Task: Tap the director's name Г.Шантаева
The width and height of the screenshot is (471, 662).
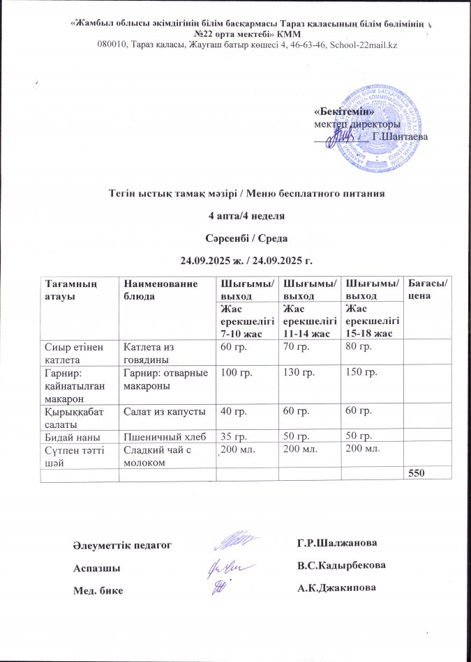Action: pos(401,136)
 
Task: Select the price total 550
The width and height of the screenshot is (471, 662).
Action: pos(414,472)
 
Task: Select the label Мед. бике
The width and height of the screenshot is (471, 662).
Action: pos(98,590)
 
